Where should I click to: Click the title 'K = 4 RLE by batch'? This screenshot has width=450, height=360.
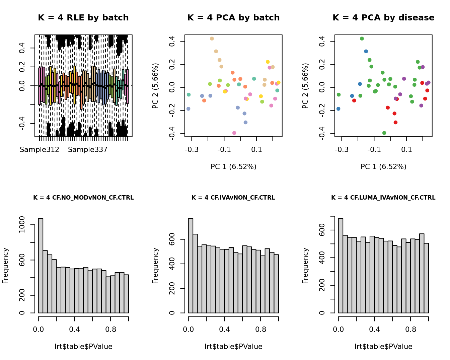pos(83,18)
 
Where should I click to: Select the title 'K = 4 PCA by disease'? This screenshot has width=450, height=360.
pos(383,18)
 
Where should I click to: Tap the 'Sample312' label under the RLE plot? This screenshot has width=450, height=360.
pos(40,150)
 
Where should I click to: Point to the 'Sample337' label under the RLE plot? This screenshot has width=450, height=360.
pos(88,150)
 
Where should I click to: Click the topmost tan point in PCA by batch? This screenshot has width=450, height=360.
pos(212,39)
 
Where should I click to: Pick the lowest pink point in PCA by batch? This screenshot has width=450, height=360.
pos(234,133)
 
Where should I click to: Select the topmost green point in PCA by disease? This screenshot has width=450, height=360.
pos(362,39)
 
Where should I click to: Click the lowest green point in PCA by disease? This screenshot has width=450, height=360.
pos(384,133)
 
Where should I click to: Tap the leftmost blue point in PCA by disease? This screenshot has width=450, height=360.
pos(338,109)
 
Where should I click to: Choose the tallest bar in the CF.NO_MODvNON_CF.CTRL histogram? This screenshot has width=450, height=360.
pos(41,266)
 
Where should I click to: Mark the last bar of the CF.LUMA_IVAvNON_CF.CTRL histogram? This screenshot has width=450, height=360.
pos(426,278)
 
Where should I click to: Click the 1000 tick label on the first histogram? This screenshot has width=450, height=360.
pos(22,225)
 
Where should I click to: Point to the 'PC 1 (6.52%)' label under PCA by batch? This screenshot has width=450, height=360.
pos(233,167)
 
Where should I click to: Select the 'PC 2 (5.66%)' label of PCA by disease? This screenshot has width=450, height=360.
pos(305,86)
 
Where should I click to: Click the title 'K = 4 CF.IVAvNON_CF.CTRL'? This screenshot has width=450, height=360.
pos(233,198)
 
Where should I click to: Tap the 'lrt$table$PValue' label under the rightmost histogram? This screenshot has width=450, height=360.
pos(383,347)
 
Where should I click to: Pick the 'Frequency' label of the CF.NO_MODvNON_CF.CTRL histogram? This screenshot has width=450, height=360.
pos(5,266)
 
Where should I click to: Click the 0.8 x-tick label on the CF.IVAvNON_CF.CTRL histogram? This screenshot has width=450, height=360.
pos(260,330)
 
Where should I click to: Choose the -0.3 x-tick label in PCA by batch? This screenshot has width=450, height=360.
pos(192,149)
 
